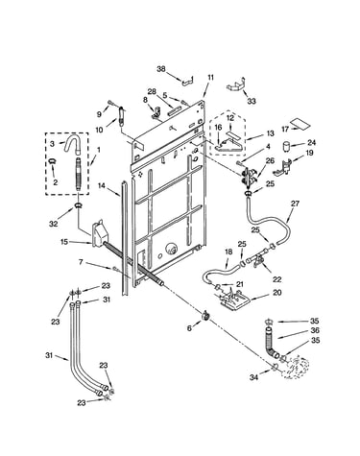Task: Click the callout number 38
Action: click(x=161, y=68)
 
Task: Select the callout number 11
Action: click(x=210, y=78)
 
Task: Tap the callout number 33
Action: click(x=252, y=101)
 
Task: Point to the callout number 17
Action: click(x=285, y=130)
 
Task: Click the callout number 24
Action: click(x=311, y=143)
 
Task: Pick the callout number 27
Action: click(x=295, y=204)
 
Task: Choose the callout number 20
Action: click(x=276, y=292)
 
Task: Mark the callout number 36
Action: click(x=315, y=330)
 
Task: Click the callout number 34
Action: click(x=253, y=377)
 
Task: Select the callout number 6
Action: click(x=189, y=328)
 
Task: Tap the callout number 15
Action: click(x=64, y=242)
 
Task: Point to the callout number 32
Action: click(x=54, y=224)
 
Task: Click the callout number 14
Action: click(x=102, y=185)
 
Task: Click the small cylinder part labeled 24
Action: click(x=287, y=147)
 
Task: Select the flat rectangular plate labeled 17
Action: click(x=300, y=125)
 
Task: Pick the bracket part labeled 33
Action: click(x=236, y=85)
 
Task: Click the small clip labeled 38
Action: click(x=188, y=82)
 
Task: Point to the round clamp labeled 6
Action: click(x=205, y=316)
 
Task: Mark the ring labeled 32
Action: click(x=79, y=205)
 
